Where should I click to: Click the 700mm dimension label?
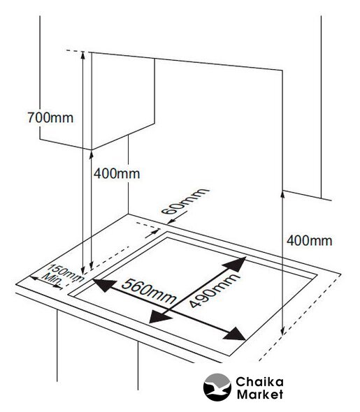pos(50,117)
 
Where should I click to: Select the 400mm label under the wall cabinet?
pos(117,174)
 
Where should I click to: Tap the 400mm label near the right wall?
pos(310,241)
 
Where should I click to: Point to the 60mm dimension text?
pos(185,201)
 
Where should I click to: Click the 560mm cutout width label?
pos(149,291)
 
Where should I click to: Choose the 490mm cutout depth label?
pos(214,290)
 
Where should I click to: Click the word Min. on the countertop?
pos(52,280)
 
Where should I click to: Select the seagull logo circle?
pos(217,387)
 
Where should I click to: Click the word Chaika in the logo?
pos(259,382)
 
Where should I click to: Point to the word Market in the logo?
pos(260,394)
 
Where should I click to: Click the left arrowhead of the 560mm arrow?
pos(104,285)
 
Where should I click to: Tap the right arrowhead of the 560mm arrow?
pos(235,334)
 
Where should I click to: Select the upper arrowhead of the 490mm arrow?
pos(236,264)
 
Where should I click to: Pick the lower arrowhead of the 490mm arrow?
pos(159,318)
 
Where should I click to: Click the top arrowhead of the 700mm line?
pos(82,55)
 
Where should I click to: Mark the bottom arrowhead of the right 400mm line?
pos(282,331)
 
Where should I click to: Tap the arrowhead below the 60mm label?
pos(171,222)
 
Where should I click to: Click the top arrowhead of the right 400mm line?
pos(282,195)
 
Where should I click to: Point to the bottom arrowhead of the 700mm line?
pos(82,270)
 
